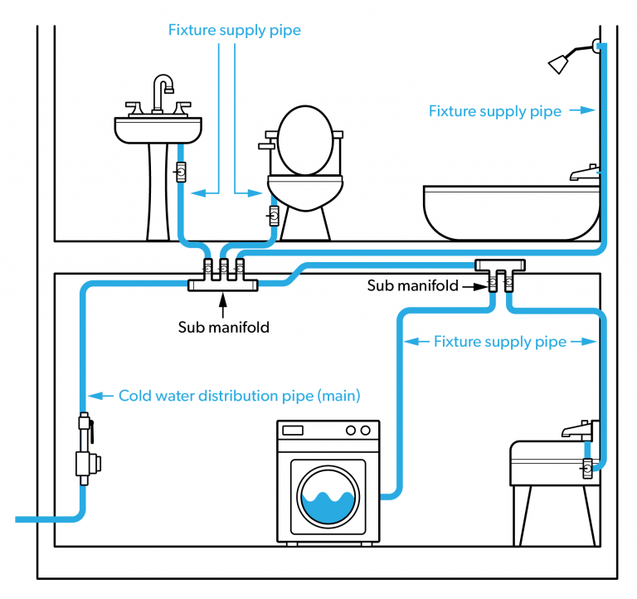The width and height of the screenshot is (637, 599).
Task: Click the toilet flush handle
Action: click(x=266, y=146)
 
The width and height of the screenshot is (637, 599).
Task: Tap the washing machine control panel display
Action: click(x=293, y=431)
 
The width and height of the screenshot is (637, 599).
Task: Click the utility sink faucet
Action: click(x=578, y=430)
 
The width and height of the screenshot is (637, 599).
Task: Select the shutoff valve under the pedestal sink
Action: click(x=180, y=173)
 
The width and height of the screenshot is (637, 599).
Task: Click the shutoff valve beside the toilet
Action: click(x=273, y=217)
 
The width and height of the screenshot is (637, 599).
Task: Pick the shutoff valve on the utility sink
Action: click(x=588, y=468)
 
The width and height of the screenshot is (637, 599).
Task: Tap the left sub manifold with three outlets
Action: click(x=222, y=277)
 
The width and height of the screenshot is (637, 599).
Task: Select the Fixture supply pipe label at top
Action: click(x=234, y=31)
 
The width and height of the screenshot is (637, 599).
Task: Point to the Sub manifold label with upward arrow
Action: click(x=223, y=327)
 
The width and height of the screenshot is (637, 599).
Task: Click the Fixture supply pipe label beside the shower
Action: click(x=494, y=110)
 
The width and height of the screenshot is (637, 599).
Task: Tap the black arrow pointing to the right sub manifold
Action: click(x=474, y=286)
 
